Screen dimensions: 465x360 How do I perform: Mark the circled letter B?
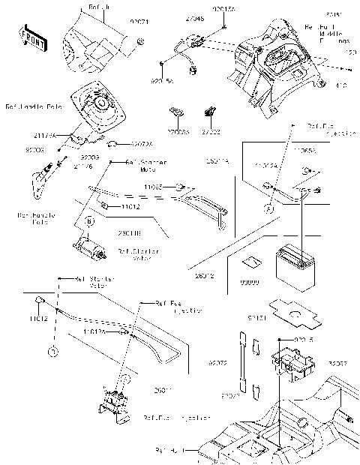(89, 222)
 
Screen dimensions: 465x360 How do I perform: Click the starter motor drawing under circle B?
(88, 244)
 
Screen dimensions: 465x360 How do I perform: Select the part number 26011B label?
(127, 234)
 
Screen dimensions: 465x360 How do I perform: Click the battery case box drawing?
(288, 358)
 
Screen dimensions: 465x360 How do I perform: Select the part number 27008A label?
(177, 131)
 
